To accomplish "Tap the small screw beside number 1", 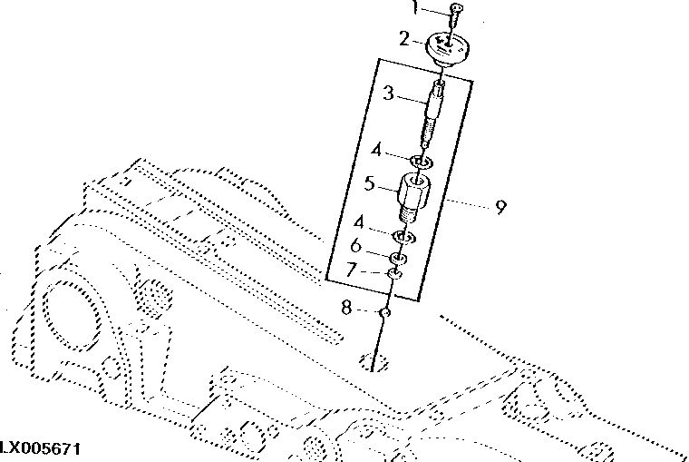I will (457, 12).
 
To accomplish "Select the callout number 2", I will (405, 39).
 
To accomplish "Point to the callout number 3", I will (387, 93).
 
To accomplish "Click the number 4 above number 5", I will (374, 149).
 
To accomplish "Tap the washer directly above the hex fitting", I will (420, 163).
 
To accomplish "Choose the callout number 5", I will (369, 183).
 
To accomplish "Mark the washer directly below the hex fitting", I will (403, 239).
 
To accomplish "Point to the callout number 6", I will (356, 245).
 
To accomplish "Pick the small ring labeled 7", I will (394, 274).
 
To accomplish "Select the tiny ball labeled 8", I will (384, 313).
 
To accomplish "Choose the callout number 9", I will (500, 207).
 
